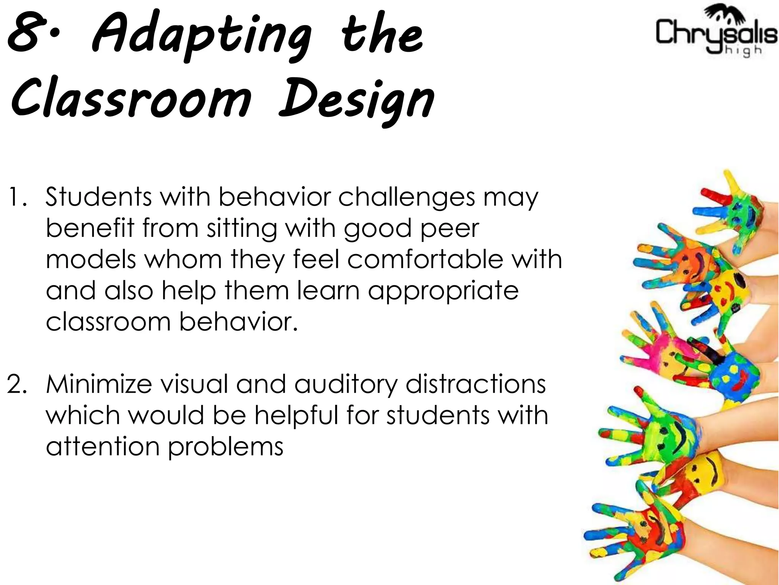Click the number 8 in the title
[x=25, y=34]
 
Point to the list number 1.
[x=17, y=197]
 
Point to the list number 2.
[x=17, y=384]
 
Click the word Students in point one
[x=99, y=197]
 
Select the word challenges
[x=407, y=198]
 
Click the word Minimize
[x=99, y=384]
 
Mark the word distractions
[x=475, y=384]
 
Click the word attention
[x=102, y=446]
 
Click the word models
[x=91, y=259]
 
